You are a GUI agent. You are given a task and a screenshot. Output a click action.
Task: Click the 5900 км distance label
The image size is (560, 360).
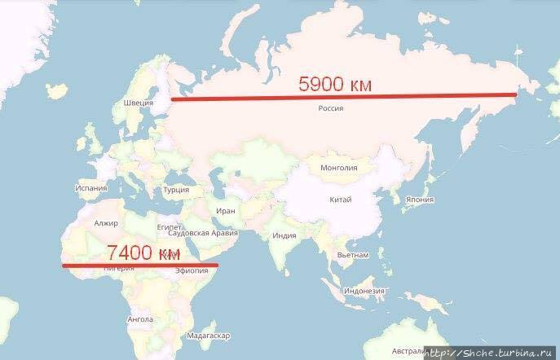pos(337,83)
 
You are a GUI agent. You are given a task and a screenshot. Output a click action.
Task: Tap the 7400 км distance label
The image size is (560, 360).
pos(142,252)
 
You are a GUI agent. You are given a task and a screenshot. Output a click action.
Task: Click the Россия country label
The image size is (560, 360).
pos(330,108)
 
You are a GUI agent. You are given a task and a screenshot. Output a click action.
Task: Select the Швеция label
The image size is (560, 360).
pos(138,103)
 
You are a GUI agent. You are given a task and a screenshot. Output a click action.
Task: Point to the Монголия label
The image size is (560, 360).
pos(340,169)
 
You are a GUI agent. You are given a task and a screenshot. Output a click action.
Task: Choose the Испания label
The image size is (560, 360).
pos(90,187)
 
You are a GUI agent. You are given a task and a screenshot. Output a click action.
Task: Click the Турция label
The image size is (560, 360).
pos(176,190)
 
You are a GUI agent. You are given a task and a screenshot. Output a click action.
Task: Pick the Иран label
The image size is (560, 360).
pos(226,211)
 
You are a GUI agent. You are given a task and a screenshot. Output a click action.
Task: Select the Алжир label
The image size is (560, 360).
pos(107,223)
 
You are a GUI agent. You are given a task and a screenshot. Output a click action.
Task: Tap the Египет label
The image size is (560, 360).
pos(169,226)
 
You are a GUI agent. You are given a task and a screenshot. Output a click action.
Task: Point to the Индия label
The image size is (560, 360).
pos(284,236)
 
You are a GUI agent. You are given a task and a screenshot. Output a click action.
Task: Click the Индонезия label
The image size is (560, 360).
pos(364,291)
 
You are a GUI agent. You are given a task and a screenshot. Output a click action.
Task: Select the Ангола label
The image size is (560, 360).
pos(140,319)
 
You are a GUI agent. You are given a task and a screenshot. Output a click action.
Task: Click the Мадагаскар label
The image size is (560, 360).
pos(209,336)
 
